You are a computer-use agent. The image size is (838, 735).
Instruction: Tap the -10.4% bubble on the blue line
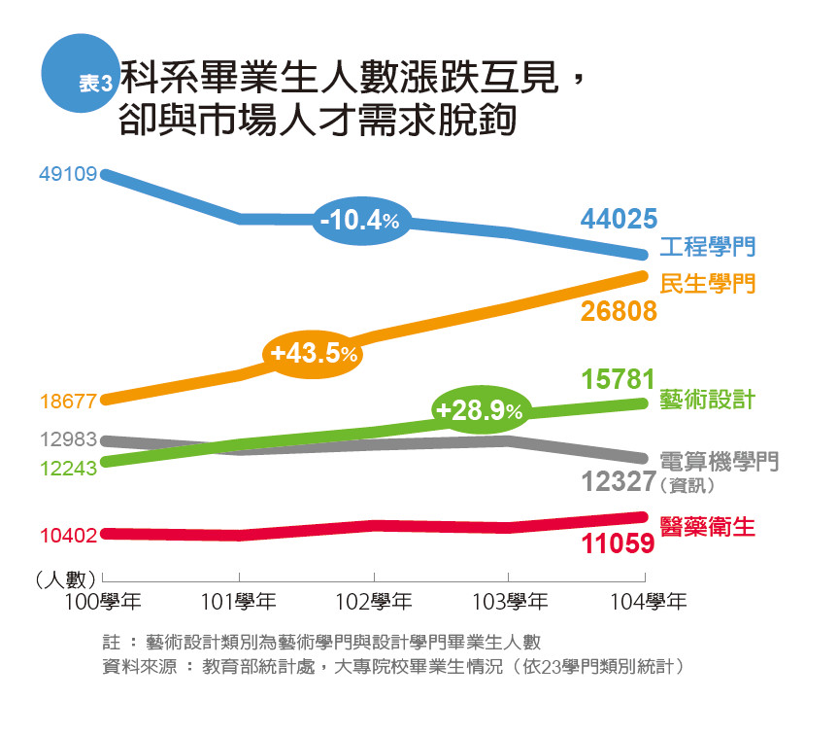pos(359,221)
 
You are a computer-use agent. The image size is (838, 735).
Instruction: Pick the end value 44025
pos(619,220)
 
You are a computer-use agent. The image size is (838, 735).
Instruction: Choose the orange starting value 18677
pos(68,400)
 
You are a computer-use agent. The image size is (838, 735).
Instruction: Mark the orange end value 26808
pos(619,311)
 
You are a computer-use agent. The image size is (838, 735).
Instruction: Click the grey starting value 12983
pos(68,439)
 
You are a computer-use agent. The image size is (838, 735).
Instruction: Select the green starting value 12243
pos(68,469)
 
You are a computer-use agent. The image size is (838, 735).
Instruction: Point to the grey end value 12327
pos(619,482)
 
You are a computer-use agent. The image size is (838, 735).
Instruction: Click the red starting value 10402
pos(68,535)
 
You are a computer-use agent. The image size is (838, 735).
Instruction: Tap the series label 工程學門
pos(708,247)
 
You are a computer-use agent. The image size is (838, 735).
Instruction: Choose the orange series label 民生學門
pos(708,284)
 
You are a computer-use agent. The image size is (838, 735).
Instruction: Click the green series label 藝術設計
pos(708,401)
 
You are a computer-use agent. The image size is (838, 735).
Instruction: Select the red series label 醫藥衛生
pos(708,527)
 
